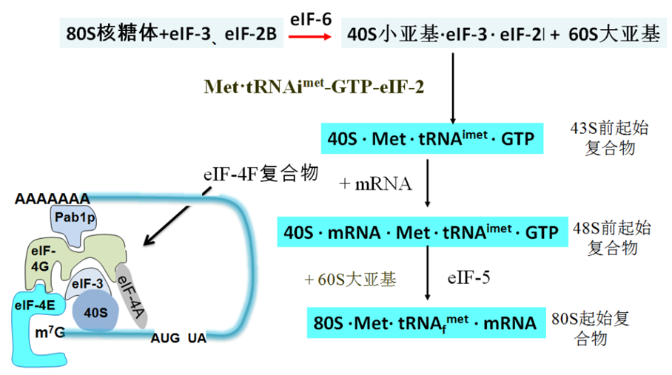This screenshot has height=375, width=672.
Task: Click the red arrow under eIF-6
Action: pyautogui.click(x=310, y=37)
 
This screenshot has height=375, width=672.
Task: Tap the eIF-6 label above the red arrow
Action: pyautogui.click(x=311, y=19)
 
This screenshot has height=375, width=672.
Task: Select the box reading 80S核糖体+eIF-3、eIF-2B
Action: pyautogui.click(x=172, y=33)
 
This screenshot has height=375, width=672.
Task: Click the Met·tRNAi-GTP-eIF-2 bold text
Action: pyautogui.click(x=314, y=87)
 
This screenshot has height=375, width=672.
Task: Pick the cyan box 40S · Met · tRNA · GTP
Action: pyautogui.click(x=432, y=138)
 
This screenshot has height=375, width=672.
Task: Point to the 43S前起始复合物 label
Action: pyautogui.click(x=609, y=138)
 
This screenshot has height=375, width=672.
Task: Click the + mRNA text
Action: pyautogui.click(x=375, y=183)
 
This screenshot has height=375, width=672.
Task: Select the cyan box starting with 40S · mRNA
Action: pyautogui.click(x=422, y=232)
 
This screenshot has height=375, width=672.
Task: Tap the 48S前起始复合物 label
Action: pyautogui.click(x=612, y=237)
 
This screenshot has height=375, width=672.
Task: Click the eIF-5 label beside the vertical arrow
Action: pyautogui.click(x=468, y=278)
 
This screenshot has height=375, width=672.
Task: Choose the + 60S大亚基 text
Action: pyautogui.click(x=350, y=280)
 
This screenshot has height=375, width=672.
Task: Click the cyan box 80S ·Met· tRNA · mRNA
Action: pyautogui.click(x=426, y=322)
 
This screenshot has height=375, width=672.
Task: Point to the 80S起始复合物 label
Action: pyautogui.click(x=591, y=328)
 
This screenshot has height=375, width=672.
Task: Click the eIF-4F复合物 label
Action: pyautogui.click(x=261, y=174)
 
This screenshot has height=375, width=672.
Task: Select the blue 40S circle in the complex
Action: pyautogui.click(x=95, y=311)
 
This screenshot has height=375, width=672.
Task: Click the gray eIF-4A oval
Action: pyautogui.click(x=132, y=296)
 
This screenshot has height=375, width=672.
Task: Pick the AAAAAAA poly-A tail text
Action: pyautogui.click(x=53, y=199)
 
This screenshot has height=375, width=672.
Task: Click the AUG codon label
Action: pyautogui.click(x=165, y=338)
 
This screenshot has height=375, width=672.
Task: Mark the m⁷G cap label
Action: pyautogui.click(x=50, y=332)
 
